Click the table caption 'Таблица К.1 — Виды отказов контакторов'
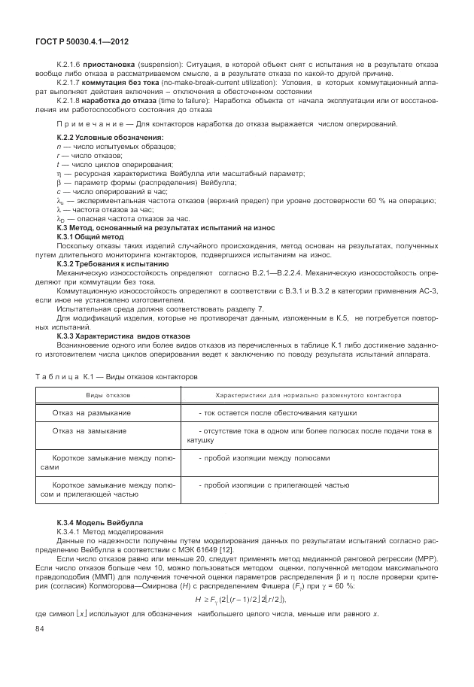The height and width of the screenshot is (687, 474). point(117,375)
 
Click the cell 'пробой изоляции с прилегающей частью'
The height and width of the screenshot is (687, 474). point(274,485)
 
